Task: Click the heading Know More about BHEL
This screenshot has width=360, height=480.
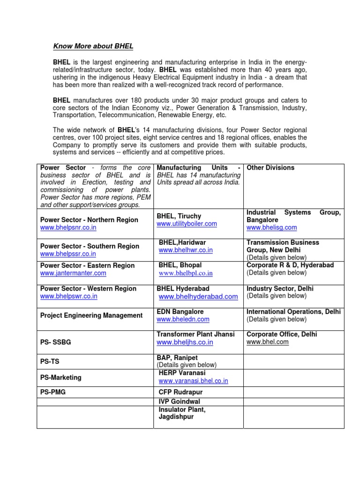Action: pyautogui.click(x=93, y=46)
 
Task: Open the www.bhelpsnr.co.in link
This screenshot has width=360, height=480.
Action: pyautogui.click(x=68, y=227)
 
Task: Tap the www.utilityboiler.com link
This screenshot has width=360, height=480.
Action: pyautogui.click(x=187, y=224)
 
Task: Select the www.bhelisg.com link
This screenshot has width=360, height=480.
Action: pyautogui.click(x=271, y=227)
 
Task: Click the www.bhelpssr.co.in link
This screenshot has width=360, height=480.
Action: pyautogui.click(x=68, y=254)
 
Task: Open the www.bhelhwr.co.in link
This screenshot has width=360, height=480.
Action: pyautogui.click(x=186, y=250)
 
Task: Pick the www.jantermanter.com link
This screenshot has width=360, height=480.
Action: pyautogui.click(x=73, y=273)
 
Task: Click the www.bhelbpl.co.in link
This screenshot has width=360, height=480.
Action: pyautogui.click(x=186, y=273)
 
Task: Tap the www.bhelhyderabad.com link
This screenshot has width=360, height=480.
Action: pyautogui.click(x=192, y=297)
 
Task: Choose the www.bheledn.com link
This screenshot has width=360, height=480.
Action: pyautogui.click(x=183, y=319)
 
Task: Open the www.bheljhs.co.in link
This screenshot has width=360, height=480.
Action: pyautogui.click(x=185, y=342)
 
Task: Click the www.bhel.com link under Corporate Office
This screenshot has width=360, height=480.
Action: pyautogui.click(x=268, y=342)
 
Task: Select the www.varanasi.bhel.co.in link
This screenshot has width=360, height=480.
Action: pyautogui.click(x=193, y=381)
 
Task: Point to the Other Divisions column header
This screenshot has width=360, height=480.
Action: pyautogui.click(x=270, y=168)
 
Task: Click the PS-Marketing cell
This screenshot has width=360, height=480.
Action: pyautogui.click(x=60, y=377)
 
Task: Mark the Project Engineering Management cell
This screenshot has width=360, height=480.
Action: pyautogui.click(x=91, y=315)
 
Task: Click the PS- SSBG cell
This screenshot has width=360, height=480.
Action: pyautogui.click(x=56, y=343)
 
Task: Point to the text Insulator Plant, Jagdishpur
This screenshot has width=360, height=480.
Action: pyautogui.click(x=182, y=413)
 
